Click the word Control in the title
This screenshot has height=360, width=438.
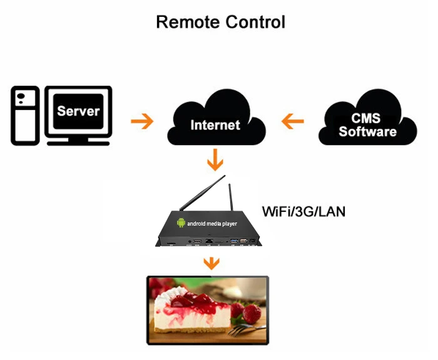[253, 22]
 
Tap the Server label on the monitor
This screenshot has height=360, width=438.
[78, 111]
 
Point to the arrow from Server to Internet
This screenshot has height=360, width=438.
[142, 121]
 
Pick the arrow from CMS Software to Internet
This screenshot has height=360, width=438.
[293, 121]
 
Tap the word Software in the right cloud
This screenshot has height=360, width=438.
[368, 131]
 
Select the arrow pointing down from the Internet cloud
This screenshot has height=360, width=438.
[215, 160]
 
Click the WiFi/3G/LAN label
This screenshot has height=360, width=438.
[303, 211]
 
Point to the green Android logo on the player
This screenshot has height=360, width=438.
[181, 222]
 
